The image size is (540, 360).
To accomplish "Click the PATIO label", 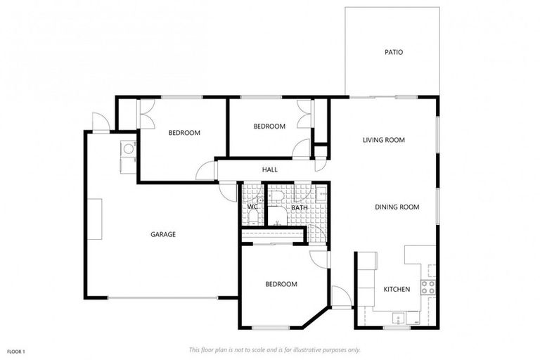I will pos(393,52).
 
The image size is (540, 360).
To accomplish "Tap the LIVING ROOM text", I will pos(383,140).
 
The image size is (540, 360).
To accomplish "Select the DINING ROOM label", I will pos(397,207).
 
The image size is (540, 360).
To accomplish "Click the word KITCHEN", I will pos(396,290).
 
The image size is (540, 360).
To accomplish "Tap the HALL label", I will pos(269,169).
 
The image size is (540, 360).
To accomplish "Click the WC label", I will pos(252,207).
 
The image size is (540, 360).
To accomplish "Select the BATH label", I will pos(300,207).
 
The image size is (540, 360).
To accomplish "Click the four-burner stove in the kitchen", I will pos(427,286).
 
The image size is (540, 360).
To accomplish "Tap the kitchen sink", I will pos(398,318).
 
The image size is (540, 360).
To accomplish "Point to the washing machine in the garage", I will pos(128,148).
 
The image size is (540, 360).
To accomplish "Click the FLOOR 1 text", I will pos(15,351).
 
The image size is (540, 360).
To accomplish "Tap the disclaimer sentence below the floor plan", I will pos(274,349).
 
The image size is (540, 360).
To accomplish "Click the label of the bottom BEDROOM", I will pos(281,284).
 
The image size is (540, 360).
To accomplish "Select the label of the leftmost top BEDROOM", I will pos(184,133).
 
